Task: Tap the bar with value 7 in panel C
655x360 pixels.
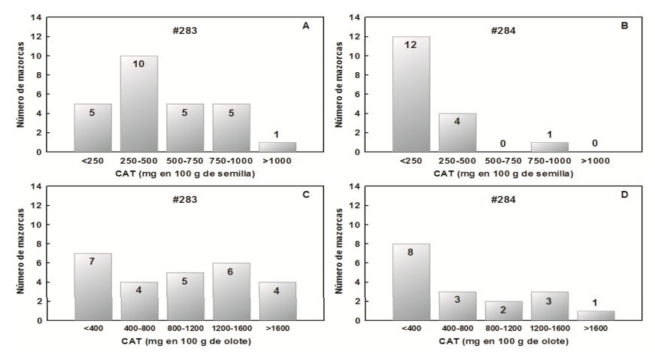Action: [93, 286]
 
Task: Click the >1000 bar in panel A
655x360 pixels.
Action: [277, 147]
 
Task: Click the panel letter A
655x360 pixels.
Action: [305, 26]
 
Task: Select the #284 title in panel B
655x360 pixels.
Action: [502, 32]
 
